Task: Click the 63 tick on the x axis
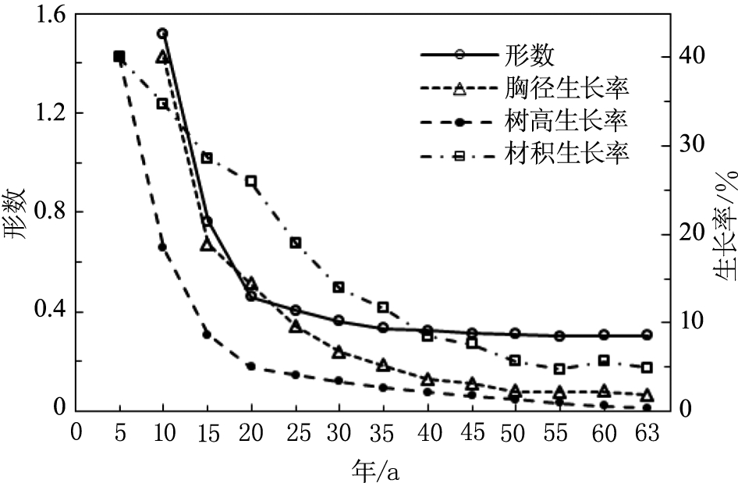[x=647, y=432]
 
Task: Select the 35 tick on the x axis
[x=383, y=432]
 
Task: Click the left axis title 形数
[x=17, y=212]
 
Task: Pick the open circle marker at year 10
[x=162, y=34]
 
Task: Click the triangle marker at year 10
[x=162, y=57]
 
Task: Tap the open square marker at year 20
[x=250, y=181]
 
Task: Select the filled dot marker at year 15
[x=207, y=334]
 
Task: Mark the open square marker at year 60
[x=603, y=360]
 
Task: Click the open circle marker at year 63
[x=647, y=336]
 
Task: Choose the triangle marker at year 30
[x=339, y=353]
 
